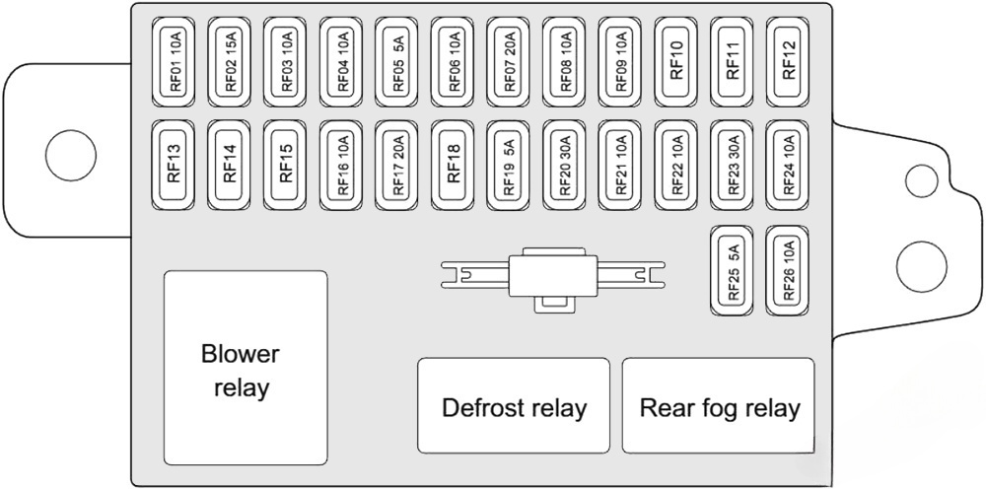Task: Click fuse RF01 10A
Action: coord(176,62)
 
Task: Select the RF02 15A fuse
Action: coord(232,62)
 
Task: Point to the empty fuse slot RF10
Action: coord(677,62)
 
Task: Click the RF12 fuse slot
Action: coord(789,62)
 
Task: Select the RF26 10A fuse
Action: coord(789,272)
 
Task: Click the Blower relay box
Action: coord(245,369)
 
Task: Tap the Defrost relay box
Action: coord(513,406)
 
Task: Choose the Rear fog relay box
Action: coord(718,406)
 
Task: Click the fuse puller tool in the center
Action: coord(552,276)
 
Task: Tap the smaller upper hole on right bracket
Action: coord(921,178)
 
